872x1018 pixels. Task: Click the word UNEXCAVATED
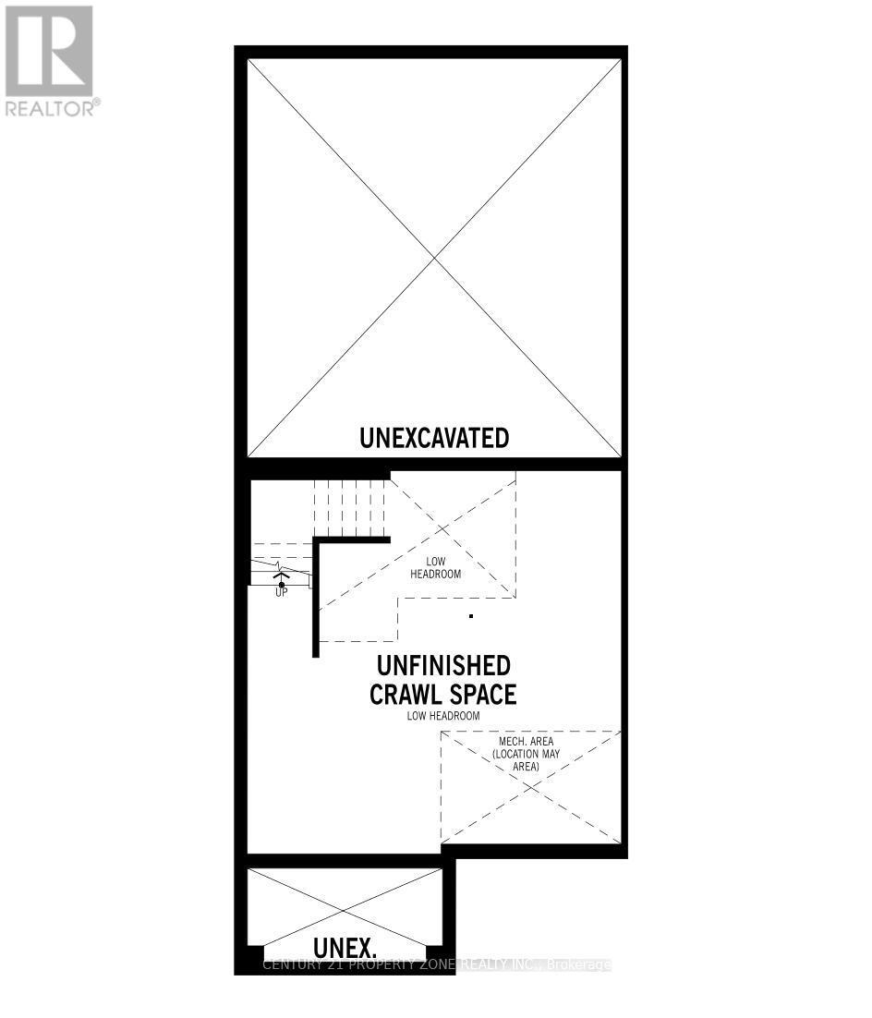(x=434, y=437)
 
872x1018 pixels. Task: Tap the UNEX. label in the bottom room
(x=345, y=947)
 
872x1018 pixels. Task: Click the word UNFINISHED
(x=443, y=666)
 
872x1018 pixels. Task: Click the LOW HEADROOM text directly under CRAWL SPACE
(x=443, y=716)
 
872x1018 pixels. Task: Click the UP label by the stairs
(x=281, y=592)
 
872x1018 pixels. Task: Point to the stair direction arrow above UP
(x=281, y=576)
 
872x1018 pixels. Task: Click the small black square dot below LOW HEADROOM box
(x=471, y=615)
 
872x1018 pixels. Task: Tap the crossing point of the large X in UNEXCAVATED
(x=435, y=260)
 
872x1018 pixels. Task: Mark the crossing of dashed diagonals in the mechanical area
(x=530, y=787)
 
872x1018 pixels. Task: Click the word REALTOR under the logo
(x=51, y=108)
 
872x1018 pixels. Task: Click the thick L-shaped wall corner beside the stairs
(x=317, y=540)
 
